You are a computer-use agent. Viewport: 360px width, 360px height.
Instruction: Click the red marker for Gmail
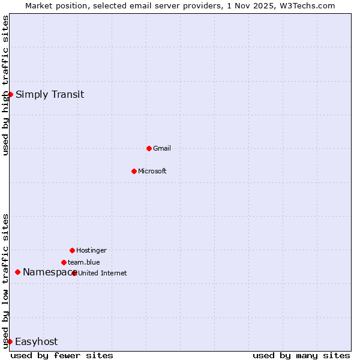click(149, 148)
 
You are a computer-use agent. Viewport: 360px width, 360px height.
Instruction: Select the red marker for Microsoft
click(134, 171)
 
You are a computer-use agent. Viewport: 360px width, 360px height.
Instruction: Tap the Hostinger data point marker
click(72, 250)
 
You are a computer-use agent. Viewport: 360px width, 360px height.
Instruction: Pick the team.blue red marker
click(64, 262)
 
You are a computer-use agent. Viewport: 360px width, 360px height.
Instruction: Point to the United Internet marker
click(74, 273)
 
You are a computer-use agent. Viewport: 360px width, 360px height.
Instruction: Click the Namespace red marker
click(17, 272)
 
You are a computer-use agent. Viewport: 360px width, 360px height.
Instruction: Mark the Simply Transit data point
click(10, 94)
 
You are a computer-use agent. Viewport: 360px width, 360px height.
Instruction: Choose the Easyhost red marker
click(10, 341)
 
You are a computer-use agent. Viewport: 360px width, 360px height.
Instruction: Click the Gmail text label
click(162, 148)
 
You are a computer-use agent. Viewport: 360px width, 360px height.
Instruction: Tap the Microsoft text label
click(152, 171)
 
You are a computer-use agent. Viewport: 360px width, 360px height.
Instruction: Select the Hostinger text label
click(91, 250)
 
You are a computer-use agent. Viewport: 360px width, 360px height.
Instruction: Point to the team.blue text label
click(84, 262)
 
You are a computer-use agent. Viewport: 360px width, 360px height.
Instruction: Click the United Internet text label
click(103, 273)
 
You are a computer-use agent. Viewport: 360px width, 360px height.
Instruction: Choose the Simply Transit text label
click(50, 94)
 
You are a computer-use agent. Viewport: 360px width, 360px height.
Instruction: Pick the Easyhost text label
click(36, 341)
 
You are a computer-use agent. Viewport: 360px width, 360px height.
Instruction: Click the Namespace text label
click(48, 272)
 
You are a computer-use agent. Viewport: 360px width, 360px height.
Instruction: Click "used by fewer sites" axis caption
click(62, 355)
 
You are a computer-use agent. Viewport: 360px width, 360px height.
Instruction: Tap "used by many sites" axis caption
click(301, 355)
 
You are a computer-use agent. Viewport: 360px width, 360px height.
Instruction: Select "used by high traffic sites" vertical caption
click(5, 85)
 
